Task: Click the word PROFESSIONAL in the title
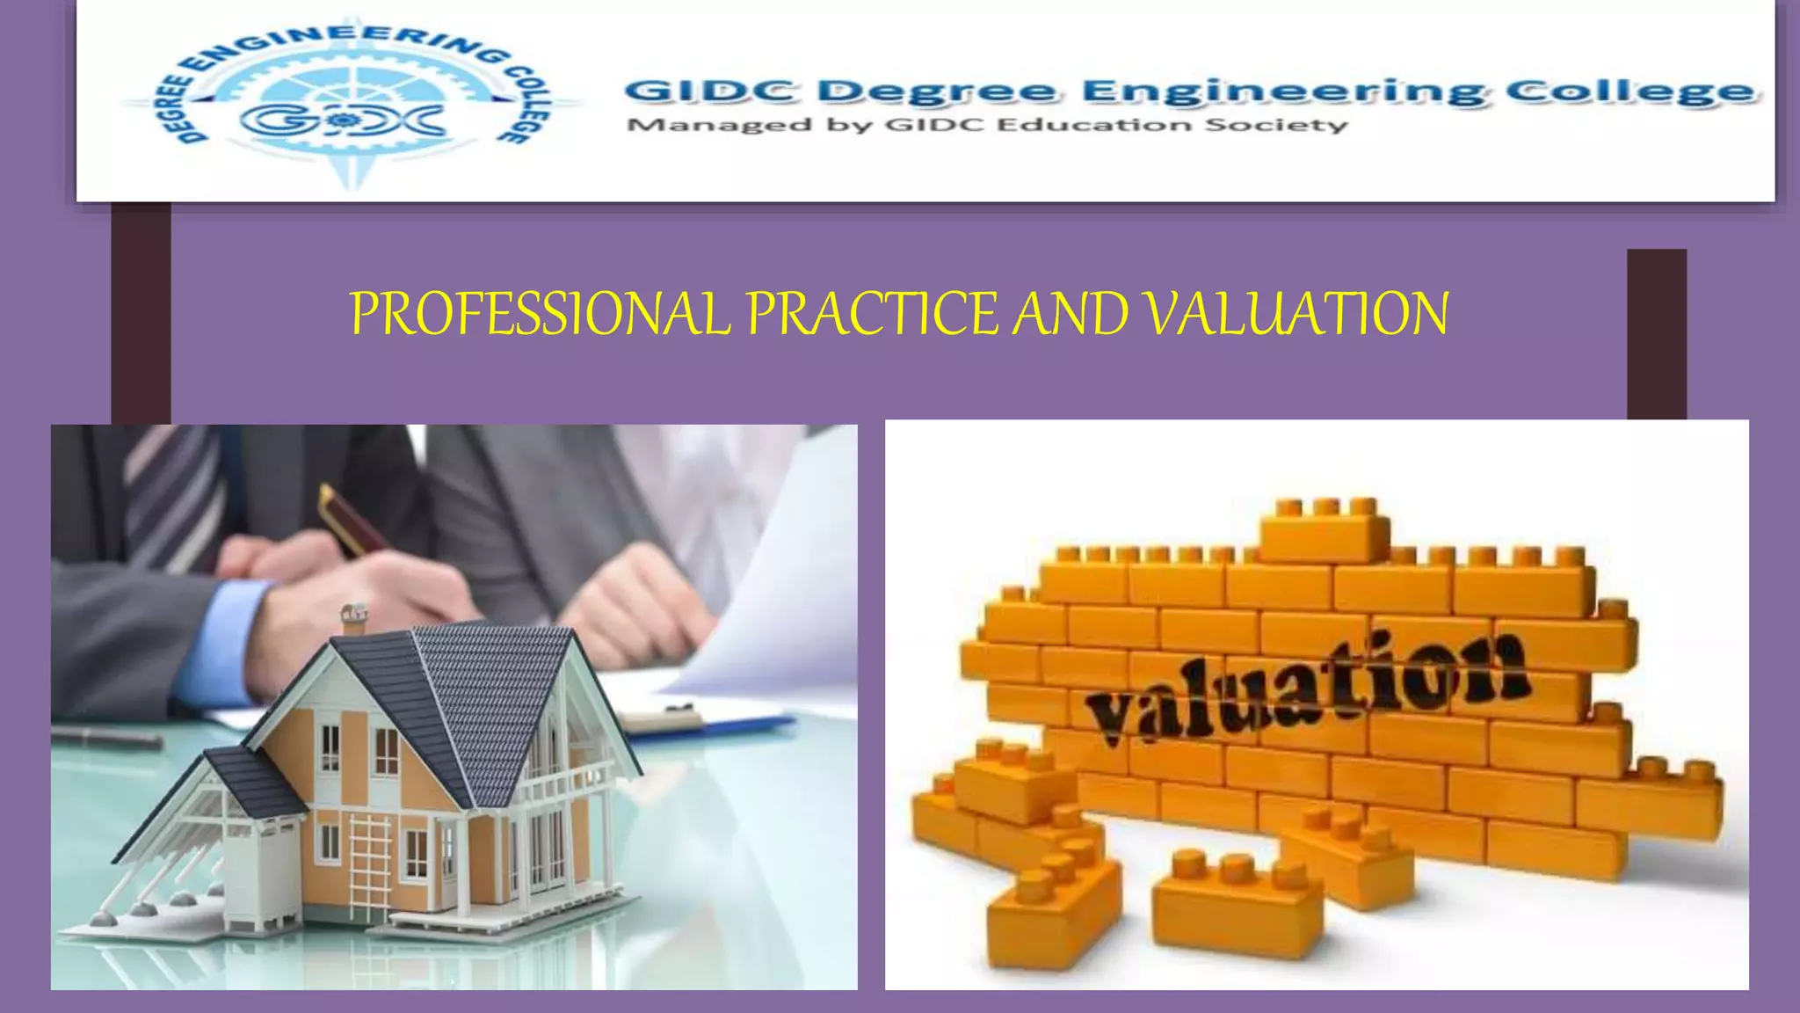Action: pos(540,313)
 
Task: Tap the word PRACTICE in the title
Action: pos(873,313)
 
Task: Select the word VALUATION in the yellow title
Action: pos(1297,313)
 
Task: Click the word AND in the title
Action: pos(1071,313)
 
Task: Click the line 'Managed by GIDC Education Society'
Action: pos(986,125)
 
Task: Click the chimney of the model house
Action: pos(354,617)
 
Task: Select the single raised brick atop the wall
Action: pos(1325,529)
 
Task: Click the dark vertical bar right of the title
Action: pos(1657,334)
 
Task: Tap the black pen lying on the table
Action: pos(105,737)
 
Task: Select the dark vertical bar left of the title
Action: pos(141,312)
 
